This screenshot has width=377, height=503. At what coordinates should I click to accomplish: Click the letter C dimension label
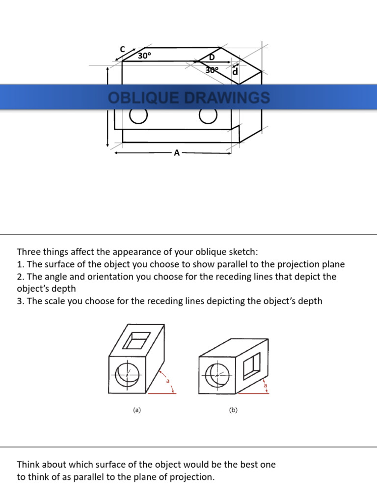[123, 49]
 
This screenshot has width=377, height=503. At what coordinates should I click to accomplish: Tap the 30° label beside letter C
[144, 56]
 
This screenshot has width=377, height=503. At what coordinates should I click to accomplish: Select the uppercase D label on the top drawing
[212, 57]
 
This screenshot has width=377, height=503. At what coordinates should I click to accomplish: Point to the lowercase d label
[235, 72]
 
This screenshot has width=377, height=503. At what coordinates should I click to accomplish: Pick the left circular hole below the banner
[138, 116]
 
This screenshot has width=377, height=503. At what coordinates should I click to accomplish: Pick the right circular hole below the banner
[208, 116]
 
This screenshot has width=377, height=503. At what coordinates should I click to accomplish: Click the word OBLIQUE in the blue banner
[140, 98]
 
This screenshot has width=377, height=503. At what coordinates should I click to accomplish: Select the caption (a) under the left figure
[137, 410]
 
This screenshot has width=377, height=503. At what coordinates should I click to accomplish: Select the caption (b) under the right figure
[233, 410]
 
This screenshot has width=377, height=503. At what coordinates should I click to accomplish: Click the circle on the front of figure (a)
[128, 376]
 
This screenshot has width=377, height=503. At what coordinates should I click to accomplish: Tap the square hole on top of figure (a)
[137, 340]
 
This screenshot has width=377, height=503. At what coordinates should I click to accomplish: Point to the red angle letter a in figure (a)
[168, 381]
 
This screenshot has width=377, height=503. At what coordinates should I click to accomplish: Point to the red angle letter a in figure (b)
[266, 386]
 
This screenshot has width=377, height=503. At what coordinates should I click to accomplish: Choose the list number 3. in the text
[21, 301]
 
